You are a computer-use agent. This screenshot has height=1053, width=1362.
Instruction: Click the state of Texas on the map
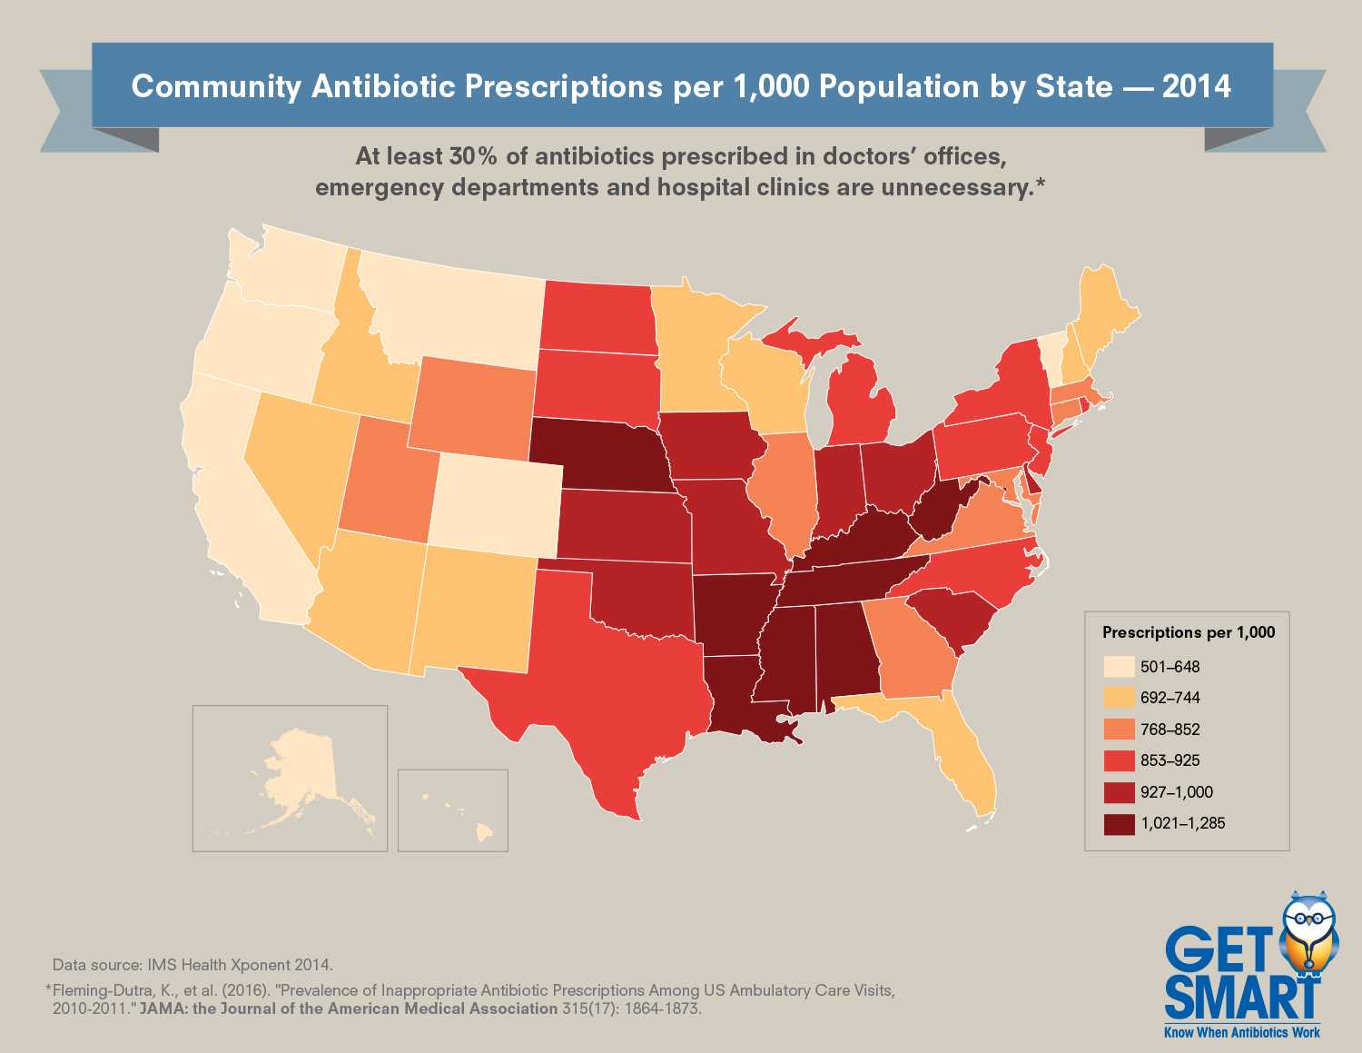(x=608, y=672)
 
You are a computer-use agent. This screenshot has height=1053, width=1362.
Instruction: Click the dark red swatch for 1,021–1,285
(x=1119, y=824)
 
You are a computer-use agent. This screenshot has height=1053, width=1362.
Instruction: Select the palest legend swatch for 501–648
(x=1119, y=667)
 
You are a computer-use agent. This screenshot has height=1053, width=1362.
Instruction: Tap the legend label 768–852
(x=1170, y=730)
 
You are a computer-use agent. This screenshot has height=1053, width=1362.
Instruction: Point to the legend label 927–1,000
(x=1177, y=792)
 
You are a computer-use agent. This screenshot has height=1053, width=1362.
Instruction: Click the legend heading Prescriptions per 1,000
(x=1188, y=632)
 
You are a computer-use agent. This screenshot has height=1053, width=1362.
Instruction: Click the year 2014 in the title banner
(x=1196, y=86)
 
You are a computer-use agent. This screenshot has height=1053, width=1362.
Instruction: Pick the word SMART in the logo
(x=1241, y=998)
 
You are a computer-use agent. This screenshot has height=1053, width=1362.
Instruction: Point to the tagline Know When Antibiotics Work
(x=1242, y=1032)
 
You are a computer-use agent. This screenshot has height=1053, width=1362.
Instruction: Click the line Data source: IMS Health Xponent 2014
(x=192, y=965)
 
